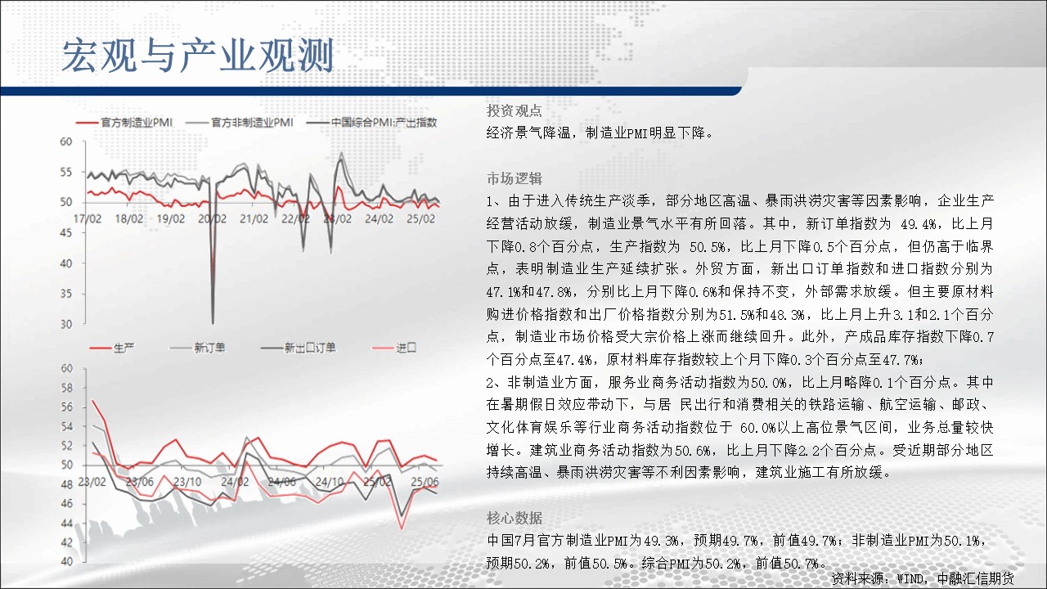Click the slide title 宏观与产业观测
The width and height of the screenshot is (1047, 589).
(x=198, y=56)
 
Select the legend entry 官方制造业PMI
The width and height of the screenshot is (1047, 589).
(x=124, y=123)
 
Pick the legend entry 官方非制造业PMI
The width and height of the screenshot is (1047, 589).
(x=240, y=123)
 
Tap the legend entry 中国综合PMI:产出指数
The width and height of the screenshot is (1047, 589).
(x=371, y=123)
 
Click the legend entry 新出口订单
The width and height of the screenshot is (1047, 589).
(x=299, y=348)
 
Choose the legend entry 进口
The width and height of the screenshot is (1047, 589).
(x=393, y=348)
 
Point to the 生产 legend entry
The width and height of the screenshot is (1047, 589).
(x=112, y=348)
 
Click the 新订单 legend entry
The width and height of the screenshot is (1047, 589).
(x=197, y=348)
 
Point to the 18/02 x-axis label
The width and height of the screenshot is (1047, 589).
(x=129, y=218)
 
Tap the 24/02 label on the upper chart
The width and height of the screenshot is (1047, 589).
(x=379, y=218)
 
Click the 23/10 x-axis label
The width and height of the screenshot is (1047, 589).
(x=187, y=482)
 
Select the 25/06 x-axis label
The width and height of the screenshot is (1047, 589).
(x=425, y=482)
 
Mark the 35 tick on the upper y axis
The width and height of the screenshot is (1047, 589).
(x=66, y=294)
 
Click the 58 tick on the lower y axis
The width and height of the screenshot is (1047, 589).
(x=67, y=388)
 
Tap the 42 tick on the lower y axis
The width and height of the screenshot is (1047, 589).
(x=67, y=542)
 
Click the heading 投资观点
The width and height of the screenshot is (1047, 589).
(x=515, y=110)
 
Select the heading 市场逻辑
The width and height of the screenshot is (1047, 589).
(x=515, y=178)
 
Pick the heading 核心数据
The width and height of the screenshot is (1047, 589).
(x=515, y=518)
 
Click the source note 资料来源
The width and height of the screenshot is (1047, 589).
(x=922, y=578)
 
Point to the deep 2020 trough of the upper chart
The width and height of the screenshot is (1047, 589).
(x=213, y=323)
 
